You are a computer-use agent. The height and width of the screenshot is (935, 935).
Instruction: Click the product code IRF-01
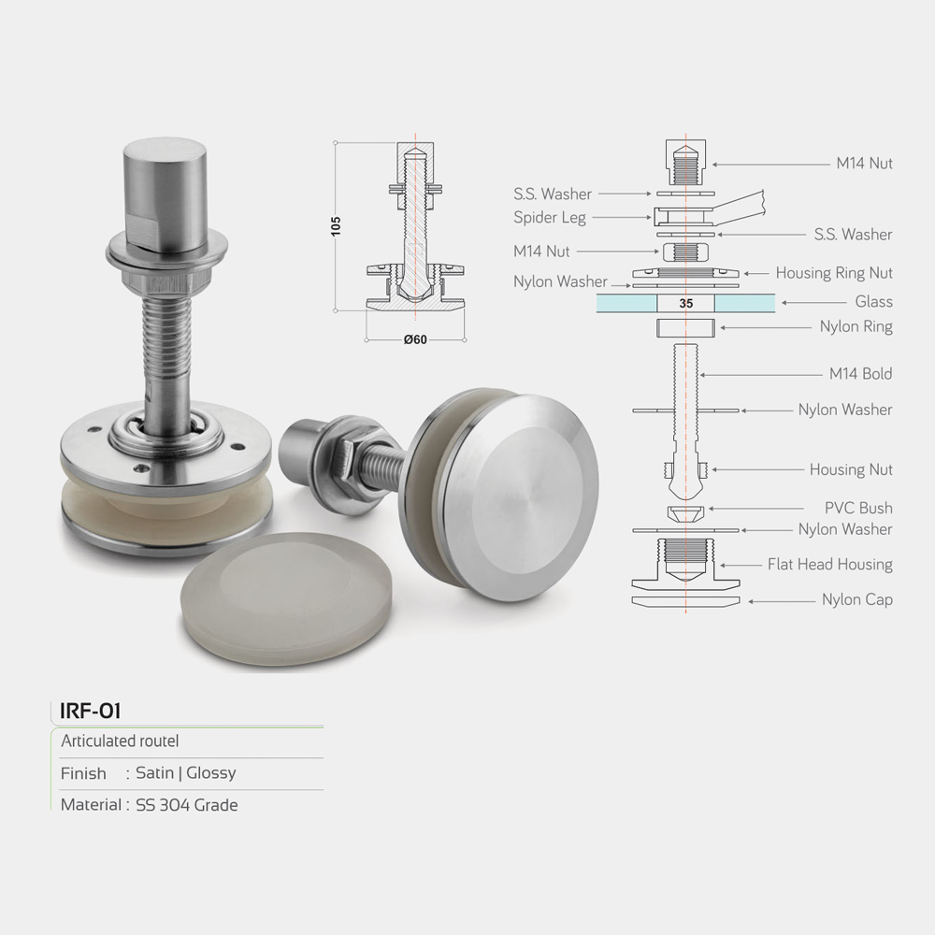(90, 711)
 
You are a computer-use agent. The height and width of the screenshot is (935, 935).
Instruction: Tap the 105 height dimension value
(336, 226)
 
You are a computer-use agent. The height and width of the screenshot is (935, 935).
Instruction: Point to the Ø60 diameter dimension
(415, 339)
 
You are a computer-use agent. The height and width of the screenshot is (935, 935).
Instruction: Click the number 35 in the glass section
(685, 304)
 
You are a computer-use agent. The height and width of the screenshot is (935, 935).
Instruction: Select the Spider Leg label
(550, 218)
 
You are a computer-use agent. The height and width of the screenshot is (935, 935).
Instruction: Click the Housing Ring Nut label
(834, 273)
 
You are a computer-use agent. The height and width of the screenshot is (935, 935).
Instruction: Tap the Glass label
(873, 302)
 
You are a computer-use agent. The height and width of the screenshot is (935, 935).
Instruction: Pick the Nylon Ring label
(856, 326)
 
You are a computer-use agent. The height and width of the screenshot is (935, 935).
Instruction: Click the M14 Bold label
(860, 374)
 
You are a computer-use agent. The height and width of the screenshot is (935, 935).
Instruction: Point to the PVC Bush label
(858, 508)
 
